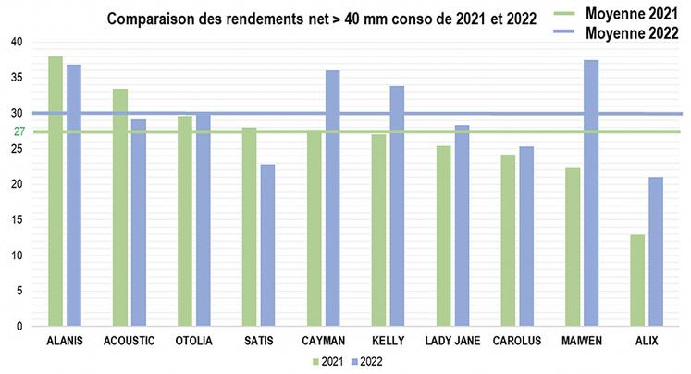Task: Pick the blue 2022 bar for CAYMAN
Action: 332,198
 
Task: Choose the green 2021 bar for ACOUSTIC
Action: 120,207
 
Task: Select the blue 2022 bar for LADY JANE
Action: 462,226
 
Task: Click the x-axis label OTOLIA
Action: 193,341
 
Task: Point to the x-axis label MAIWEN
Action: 582,341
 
